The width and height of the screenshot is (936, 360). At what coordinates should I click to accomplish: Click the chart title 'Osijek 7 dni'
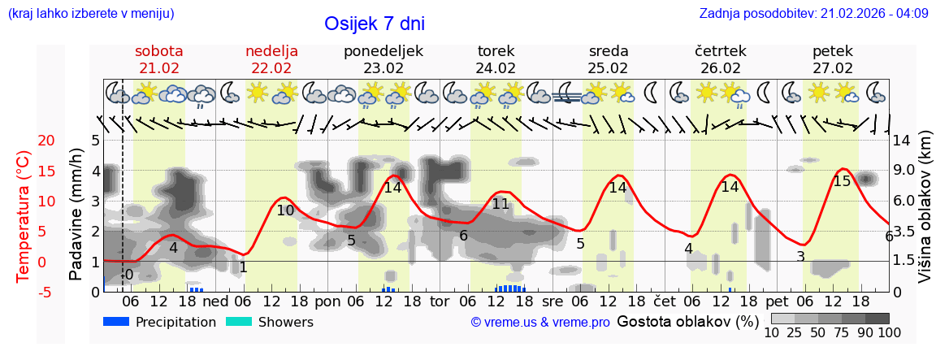pos(374,24)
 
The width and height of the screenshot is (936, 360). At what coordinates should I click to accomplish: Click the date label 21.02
pos(159,68)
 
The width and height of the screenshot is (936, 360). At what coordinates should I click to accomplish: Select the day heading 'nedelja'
pos(271,51)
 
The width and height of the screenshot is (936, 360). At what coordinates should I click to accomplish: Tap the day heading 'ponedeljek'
pos(383,51)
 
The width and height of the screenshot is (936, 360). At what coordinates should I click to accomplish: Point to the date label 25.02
pos(609,68)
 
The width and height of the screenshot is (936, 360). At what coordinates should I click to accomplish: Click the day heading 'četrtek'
pos(721,51)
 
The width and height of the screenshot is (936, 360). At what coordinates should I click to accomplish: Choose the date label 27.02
pos(833,68)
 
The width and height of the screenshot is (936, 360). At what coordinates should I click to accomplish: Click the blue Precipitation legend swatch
pos(116,322)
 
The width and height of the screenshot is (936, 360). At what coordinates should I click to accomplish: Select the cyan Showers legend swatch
pos(239,322)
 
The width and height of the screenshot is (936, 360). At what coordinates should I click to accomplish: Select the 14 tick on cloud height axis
pos(903,141)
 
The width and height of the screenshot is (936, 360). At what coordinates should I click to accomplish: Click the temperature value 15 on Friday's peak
pos(842,181)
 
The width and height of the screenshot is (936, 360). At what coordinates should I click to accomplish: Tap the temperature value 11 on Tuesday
pos(500,204)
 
